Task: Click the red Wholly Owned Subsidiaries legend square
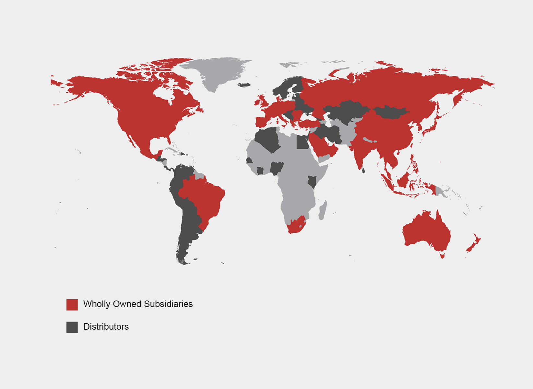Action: click(x=72, y=305)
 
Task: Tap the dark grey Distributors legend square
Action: click(x=72, y=327)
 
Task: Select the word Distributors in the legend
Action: click(x=106, y=327)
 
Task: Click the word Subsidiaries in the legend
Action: click(x=168, y=304)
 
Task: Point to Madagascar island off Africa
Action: click(x=323, y=210)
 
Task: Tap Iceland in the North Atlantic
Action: click(x=244, y=85)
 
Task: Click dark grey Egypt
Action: click(x=302, y=143)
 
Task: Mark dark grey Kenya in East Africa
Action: click(x=312, y=182)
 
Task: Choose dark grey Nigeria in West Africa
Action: click(x=277, y=168)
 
